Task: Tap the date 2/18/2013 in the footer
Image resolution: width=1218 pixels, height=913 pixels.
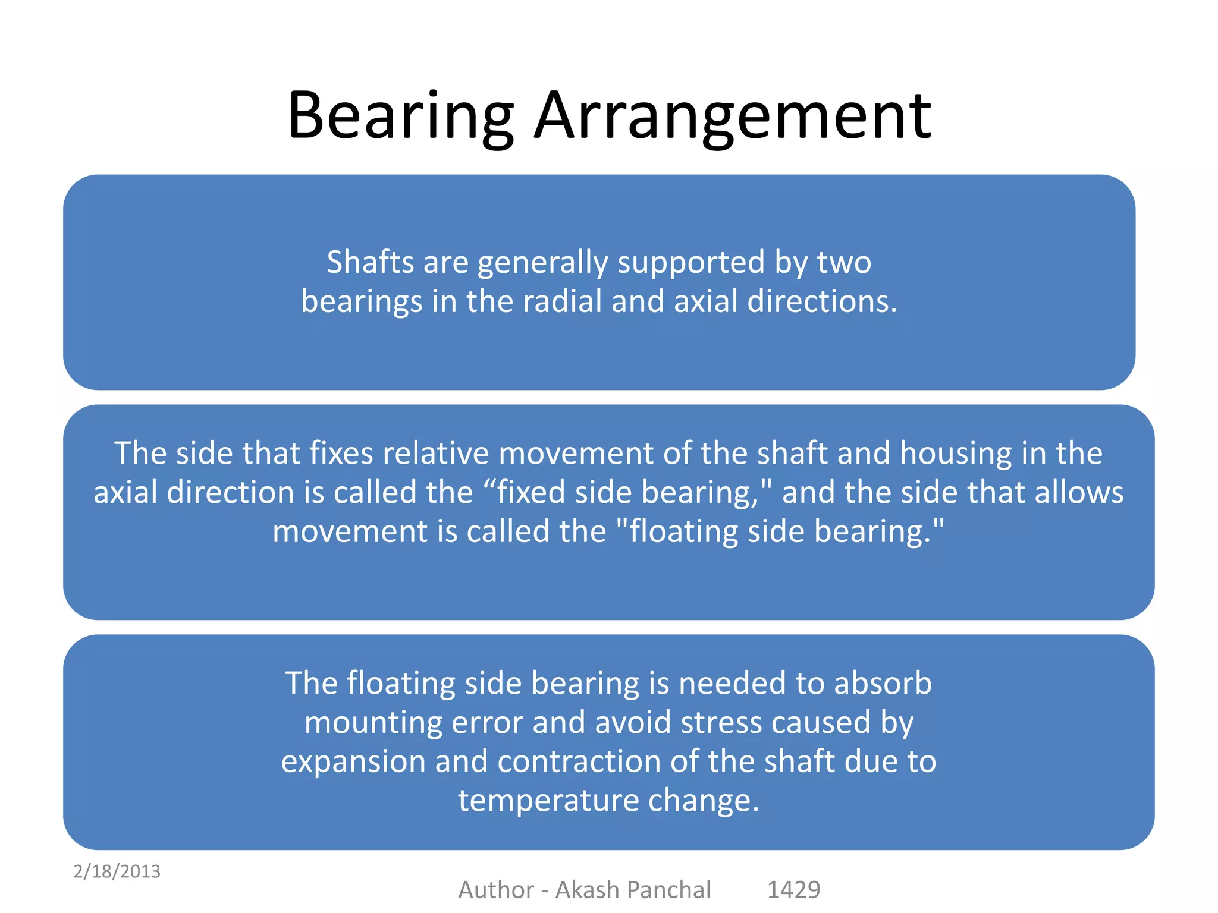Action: coord(117,871)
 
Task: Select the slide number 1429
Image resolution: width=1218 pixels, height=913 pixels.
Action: coord(793,890)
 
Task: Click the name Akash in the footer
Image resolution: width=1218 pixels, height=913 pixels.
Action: coord(587,890)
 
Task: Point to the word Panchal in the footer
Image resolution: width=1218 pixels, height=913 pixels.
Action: coord(668,890)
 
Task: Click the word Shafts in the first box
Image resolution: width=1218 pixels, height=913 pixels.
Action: coord(370,262)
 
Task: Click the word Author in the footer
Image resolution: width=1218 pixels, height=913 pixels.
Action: coord(496,890)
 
